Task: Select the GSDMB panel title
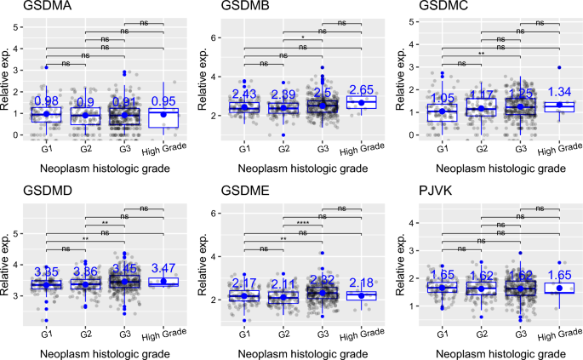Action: coord(227,8)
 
